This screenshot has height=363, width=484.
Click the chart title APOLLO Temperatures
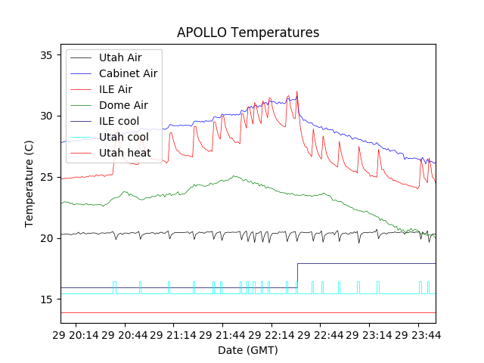(248, 33)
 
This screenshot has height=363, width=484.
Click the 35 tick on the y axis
(45, 55)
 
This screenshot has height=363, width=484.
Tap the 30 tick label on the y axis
(45, 116)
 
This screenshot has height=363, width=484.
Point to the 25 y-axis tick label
(45, 178)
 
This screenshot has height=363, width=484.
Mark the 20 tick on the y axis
(45, 238)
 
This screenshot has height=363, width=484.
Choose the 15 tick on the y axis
(45, 299)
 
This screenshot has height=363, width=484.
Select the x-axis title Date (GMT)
(248, 350)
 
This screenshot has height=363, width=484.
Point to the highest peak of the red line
(297, 92)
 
